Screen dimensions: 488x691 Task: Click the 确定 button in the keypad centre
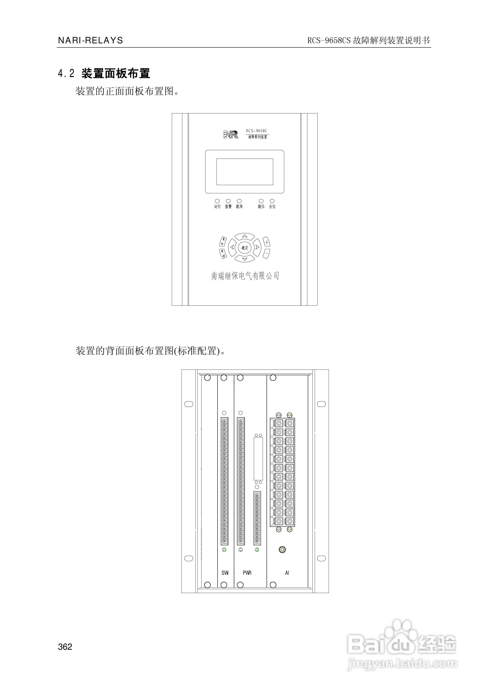245,248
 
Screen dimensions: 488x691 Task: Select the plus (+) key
267,242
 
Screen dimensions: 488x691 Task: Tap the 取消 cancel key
223,254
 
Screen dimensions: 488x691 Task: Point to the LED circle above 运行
217,201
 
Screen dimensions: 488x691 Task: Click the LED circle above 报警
228,201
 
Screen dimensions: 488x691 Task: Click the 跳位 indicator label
261,206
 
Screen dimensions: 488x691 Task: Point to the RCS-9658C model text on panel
256,131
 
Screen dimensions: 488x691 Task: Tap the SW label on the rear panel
225,573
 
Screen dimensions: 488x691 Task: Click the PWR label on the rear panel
247,573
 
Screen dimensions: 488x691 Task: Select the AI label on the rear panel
287,573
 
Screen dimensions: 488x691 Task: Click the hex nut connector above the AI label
282,549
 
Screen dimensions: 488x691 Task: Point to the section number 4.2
66,73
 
